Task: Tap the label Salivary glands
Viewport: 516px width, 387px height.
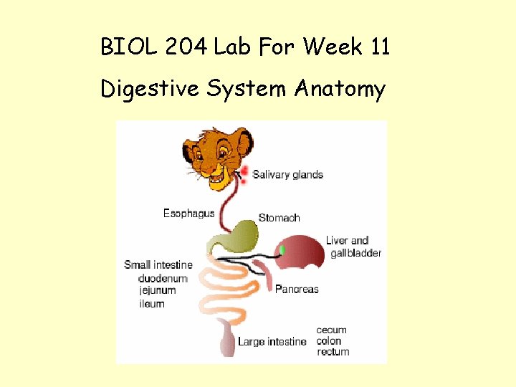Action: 287,174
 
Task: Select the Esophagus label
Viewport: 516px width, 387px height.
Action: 188,214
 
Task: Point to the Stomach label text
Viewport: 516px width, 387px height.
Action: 279,218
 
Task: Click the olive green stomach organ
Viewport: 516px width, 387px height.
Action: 237,236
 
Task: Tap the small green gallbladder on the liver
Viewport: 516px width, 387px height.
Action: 282,249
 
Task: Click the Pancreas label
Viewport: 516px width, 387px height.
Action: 297,289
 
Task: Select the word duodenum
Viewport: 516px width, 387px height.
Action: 163,278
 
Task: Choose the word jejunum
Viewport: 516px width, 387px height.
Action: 158,290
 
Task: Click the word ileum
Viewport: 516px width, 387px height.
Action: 151,303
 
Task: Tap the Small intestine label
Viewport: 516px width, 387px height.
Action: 158,265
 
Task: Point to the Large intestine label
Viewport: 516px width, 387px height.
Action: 272,342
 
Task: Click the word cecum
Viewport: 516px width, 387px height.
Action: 331,330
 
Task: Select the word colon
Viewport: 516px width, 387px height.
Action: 329,341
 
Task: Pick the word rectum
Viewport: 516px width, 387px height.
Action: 333,352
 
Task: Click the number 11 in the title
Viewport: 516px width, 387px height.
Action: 380,48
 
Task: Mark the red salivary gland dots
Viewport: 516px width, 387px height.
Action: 243,174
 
